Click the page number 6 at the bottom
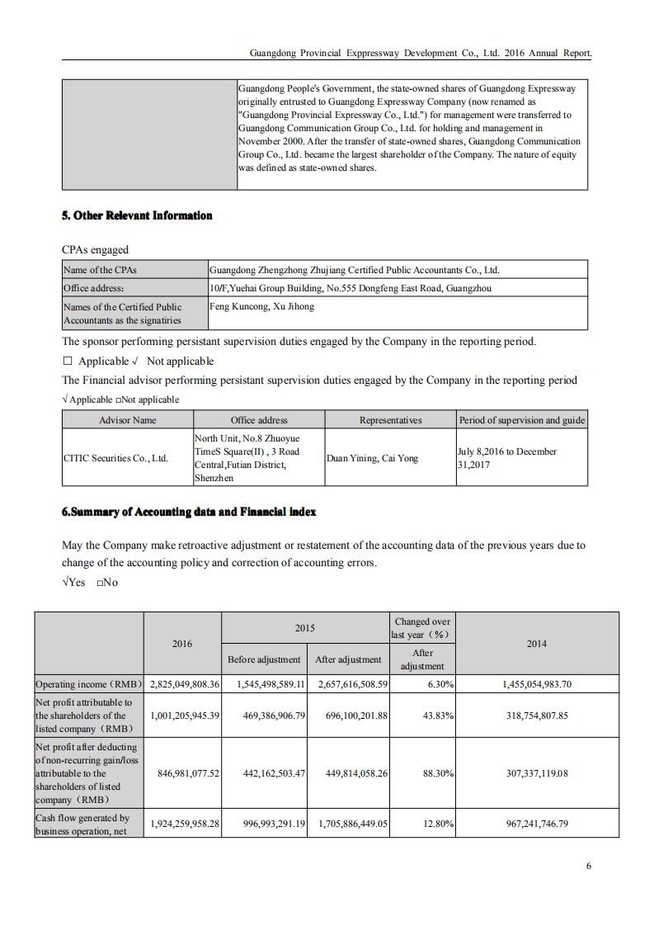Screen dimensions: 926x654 pyautogui.click(x=589, y=866)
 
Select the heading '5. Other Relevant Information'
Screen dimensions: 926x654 pyautogui.click(x=137, y=215)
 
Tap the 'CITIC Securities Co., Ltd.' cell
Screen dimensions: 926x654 pyautogui.click(x=115, y=458)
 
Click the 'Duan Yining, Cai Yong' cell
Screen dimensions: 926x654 pyautogui.click(x=372, y=458)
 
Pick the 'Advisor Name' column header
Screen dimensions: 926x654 pyautogui.click(x=127, y=420)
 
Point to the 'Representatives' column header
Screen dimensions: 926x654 pyautogui.click(x=390, y=420)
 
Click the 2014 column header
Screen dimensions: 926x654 pyautogui.click(x=536, y=644)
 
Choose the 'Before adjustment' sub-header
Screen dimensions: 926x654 pyautogui.click(x=264, y=659)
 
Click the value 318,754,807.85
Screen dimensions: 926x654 pyautogui.click(x=536, y=716)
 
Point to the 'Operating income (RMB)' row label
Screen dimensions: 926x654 pyautogui.click(x=89, y=684)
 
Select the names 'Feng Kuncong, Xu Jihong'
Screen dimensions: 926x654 pyautogui.click(x=261, y=306)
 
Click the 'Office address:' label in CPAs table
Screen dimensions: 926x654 pyautogui.click(x=93, y=288)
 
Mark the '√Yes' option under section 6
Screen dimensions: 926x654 pyautogui.click(x=73, y=583)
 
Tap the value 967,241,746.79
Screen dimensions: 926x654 pyautogui.click(x=536, y=824)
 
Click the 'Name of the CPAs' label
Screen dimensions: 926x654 pyautogui.click(x=100, y=270)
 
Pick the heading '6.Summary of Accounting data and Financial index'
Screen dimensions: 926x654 pyautogui.click(x=189, y=512)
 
